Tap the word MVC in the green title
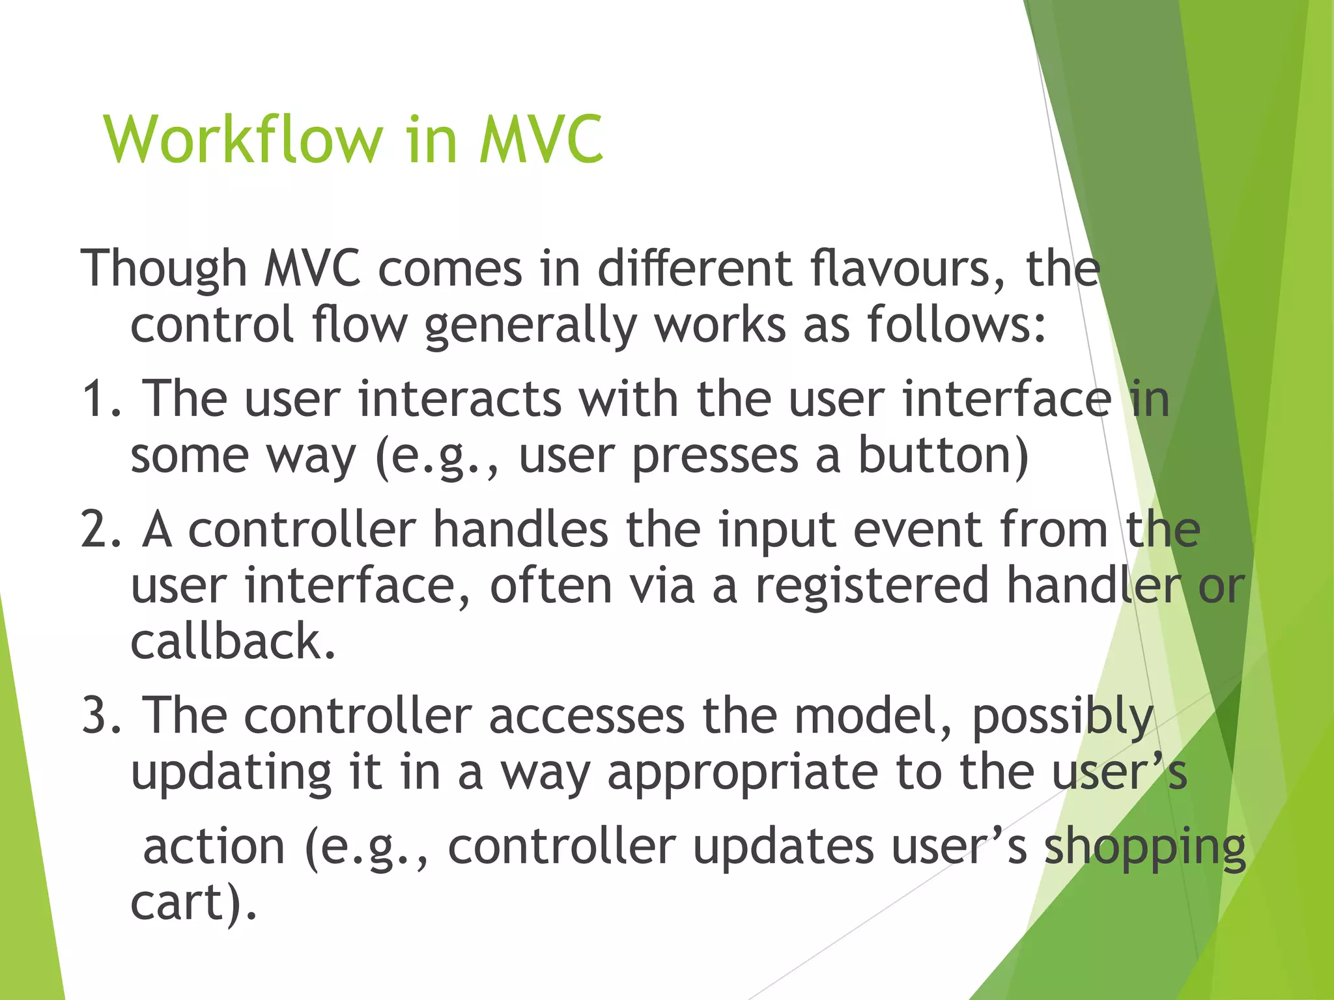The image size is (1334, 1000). tap(541, 139)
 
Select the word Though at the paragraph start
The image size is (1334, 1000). tap(163, 269)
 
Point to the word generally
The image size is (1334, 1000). tap(530, 326)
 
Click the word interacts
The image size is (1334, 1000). tap(460, 399)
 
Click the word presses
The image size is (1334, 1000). tap(715, 456)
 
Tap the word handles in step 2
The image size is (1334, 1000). tap(520, 528)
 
